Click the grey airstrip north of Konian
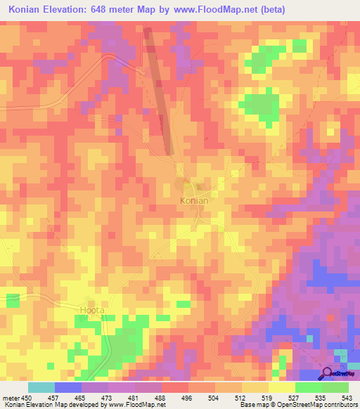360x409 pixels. tap(159, 91)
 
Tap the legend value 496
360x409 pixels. tap(186, 397)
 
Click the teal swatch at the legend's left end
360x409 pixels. tap(41, 387)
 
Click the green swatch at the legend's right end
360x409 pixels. tap(335, 387)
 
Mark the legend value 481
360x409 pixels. tap(134, 397)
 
